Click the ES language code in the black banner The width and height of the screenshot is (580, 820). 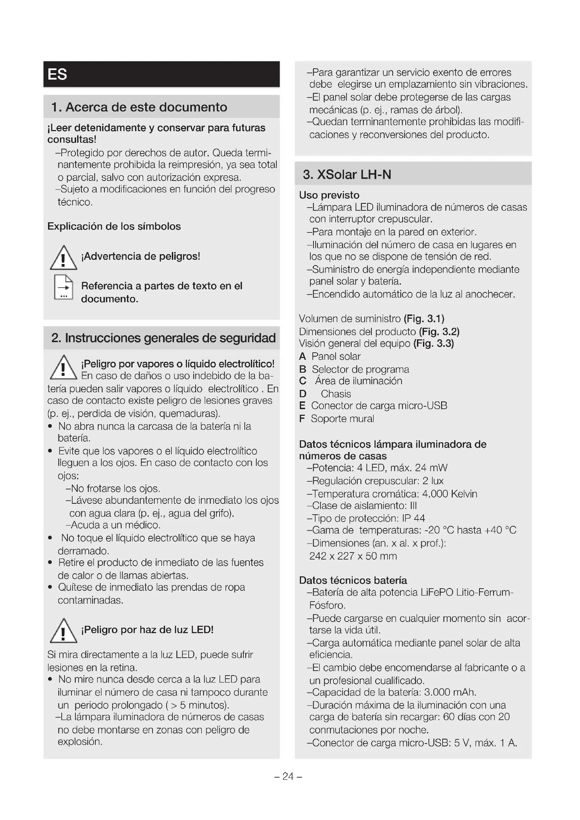(x=57, y=75)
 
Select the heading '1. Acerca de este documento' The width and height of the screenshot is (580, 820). (x=139, y=107)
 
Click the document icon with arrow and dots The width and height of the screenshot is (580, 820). (x=63, y=287)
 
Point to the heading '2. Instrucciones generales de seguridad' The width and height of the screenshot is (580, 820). (x=163, y=338)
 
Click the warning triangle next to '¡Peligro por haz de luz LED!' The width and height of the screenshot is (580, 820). (x=63, y=631)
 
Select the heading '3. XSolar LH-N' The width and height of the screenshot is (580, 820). (x=347, y=175)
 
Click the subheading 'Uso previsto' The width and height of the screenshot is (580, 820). (x=329, y=195)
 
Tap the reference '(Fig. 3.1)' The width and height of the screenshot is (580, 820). (x=424, y=319)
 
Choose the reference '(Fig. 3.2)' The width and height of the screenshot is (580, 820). (x=439, y=332)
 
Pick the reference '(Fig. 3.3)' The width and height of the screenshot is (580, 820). (x=433, y=344)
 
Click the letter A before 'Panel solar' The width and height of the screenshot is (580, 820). (x=303, y=357)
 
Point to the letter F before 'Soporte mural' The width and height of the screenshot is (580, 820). (x=302, y=419)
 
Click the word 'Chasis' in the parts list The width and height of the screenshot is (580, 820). (x=336, y=394)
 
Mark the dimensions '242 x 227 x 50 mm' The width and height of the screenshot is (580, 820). (x=353, y=556)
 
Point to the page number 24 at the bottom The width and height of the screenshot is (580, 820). (x=288, y=777)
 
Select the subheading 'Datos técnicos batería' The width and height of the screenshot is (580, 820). (x=353, y=580)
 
